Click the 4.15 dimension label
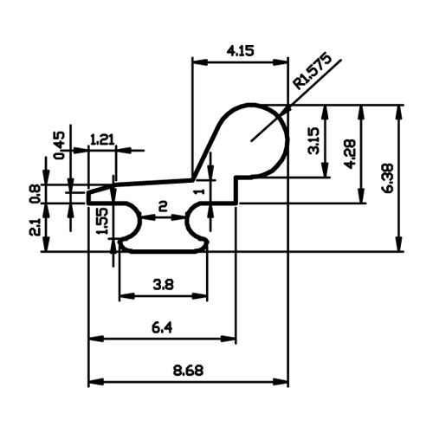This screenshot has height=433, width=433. [x=240, y=51]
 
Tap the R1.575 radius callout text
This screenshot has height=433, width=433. [x=312, y=71]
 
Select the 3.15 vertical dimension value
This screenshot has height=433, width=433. [x=313, y=140]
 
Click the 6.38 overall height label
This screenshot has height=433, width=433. [x=388, y=178]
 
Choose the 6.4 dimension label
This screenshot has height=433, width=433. [x=162, y=327]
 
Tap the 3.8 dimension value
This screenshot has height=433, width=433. [x=164, y=285]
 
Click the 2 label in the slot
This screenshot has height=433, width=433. [x=163, y=206]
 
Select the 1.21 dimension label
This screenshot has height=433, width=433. [x=102, y=139]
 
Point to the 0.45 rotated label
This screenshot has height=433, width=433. [x=60, y=145]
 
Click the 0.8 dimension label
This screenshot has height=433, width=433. [x=36, y=194]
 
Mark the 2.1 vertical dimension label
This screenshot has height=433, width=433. [x=36, y=227]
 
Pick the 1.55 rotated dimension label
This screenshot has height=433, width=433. [x=103, y=221]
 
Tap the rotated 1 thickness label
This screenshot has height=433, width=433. [x=201, y=191]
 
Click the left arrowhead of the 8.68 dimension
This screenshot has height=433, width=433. [x=96, y=382]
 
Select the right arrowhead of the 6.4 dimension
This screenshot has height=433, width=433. [x=228, y=339]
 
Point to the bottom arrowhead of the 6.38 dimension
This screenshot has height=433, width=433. [x=399, y=243]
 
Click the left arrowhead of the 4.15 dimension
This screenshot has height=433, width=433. [x=200, y=62]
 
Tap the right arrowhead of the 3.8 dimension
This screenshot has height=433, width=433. [x=199, y=296]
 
